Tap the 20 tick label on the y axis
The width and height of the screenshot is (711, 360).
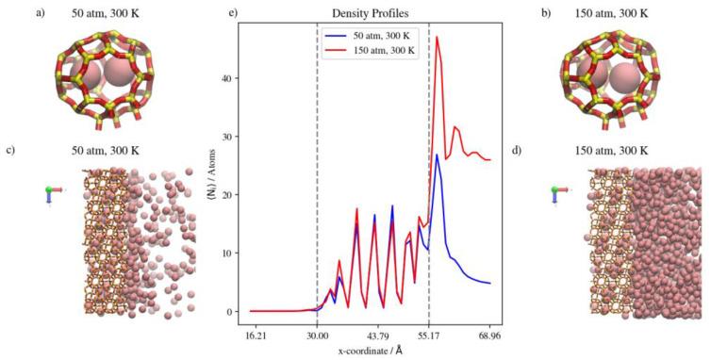point(229,195)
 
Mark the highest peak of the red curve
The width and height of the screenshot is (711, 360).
point(437,38)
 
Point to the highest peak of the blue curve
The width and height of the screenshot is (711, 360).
point(437,155)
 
